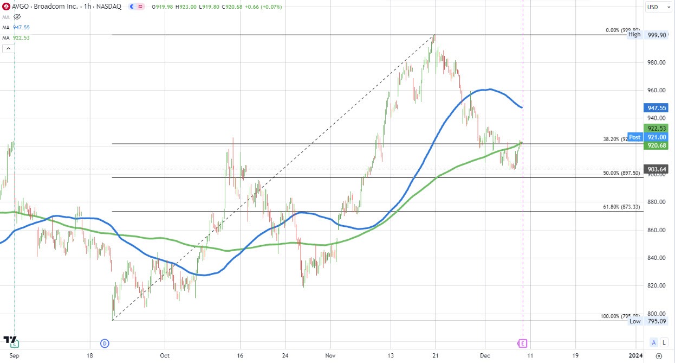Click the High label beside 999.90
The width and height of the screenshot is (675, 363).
coord(634,34)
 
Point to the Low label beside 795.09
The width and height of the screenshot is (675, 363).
coord(635,321)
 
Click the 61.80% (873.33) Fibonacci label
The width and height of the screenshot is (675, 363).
coord(622,207)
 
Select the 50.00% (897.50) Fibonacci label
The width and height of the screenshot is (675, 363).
coord(622,173)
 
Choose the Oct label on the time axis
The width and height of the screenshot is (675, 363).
coord(165,355)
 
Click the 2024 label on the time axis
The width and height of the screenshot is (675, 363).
coord(635,355)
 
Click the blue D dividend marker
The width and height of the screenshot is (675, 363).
coord(105,343)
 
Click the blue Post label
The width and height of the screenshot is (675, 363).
coord(634,137)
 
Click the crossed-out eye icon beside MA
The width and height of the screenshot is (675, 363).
coord(17,17)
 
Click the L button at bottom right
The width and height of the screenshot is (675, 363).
coord(664,342)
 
